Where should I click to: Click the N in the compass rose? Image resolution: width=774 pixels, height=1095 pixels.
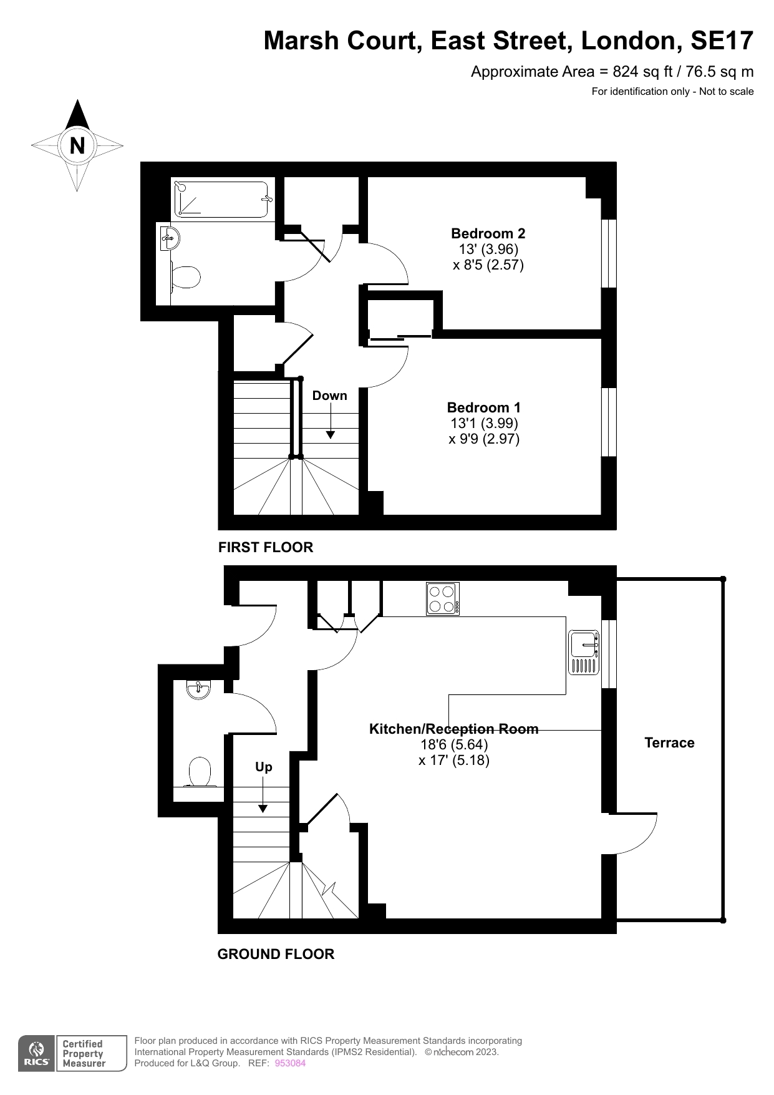point(77,146)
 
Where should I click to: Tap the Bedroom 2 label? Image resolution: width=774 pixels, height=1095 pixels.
point(488,233)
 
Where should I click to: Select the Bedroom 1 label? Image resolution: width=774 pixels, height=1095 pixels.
point(483,407)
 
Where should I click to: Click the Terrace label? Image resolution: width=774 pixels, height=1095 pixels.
point(669,742)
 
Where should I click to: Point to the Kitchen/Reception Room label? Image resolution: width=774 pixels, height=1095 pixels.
point(453,729)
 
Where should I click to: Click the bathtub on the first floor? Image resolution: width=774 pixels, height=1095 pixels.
point(221,199)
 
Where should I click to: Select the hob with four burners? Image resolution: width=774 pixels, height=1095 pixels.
point(443,599)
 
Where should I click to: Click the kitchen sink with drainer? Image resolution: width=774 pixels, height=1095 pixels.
point(584,653)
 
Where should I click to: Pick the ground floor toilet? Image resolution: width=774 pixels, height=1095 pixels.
point(199,772)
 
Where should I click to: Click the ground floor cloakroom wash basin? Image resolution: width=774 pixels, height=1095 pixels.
point(198,689)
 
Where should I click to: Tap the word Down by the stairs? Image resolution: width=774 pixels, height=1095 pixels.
point(329,396)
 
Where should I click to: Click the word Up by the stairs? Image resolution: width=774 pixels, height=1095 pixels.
point(263,767)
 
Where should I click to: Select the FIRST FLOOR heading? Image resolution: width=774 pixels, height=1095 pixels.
point(266,547)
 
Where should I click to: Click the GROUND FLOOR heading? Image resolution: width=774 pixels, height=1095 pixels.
point(276,954)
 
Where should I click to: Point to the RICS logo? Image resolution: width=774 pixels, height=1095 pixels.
point(36,1054)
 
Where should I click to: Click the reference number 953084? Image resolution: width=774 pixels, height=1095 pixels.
point(290,1063)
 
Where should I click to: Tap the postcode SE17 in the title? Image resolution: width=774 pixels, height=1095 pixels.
point(722,41)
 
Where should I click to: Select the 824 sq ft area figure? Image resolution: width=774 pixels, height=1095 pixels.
point(642,72)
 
